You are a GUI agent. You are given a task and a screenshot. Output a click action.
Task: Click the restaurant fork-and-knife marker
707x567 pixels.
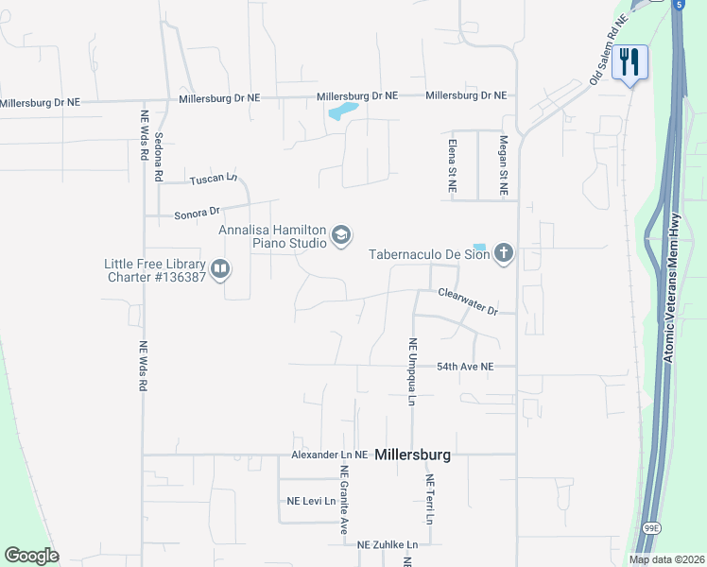click(629, 62)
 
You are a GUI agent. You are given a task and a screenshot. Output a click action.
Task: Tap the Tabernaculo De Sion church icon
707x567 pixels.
click(504, 252)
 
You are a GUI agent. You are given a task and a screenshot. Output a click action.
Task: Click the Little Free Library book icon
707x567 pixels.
click(219, 270)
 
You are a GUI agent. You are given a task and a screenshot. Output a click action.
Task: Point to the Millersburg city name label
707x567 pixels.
click(412, 455)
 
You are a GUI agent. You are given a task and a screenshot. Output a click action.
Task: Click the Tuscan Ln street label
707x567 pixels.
click(213, 179)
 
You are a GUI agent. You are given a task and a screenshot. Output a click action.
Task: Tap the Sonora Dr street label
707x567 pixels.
click(197, 214)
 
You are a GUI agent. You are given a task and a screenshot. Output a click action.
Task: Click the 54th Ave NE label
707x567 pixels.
click(465, 366)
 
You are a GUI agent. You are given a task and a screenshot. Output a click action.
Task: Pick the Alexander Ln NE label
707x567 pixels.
click(329, 455)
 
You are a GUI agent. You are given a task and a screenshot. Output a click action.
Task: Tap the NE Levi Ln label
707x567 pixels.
click(311, 501)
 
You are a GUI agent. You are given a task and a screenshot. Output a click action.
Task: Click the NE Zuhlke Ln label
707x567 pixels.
click(388, 544)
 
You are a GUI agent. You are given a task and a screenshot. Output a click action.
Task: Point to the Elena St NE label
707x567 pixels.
click(452, 164)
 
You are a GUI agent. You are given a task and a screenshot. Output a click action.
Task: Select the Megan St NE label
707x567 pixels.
click(504, 164)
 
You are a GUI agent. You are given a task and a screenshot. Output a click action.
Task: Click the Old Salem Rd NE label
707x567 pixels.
click(609, 51)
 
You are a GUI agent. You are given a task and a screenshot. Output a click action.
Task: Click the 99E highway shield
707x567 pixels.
click(651, 525)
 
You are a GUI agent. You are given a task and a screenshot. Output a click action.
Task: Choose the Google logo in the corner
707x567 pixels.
click(31, 556)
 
